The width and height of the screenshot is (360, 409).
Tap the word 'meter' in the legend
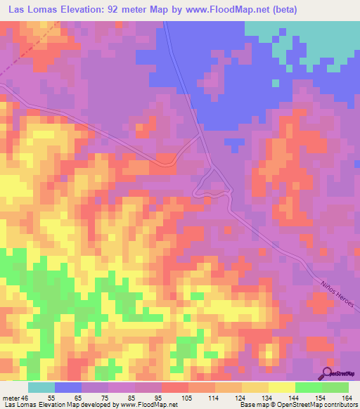(12, 397)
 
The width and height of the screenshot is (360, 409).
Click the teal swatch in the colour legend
(41, 387)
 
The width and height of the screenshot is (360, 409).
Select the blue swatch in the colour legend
(67, 387)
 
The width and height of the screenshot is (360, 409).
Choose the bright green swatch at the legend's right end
(335, 387)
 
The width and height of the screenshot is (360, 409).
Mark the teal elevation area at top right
(309, 39)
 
